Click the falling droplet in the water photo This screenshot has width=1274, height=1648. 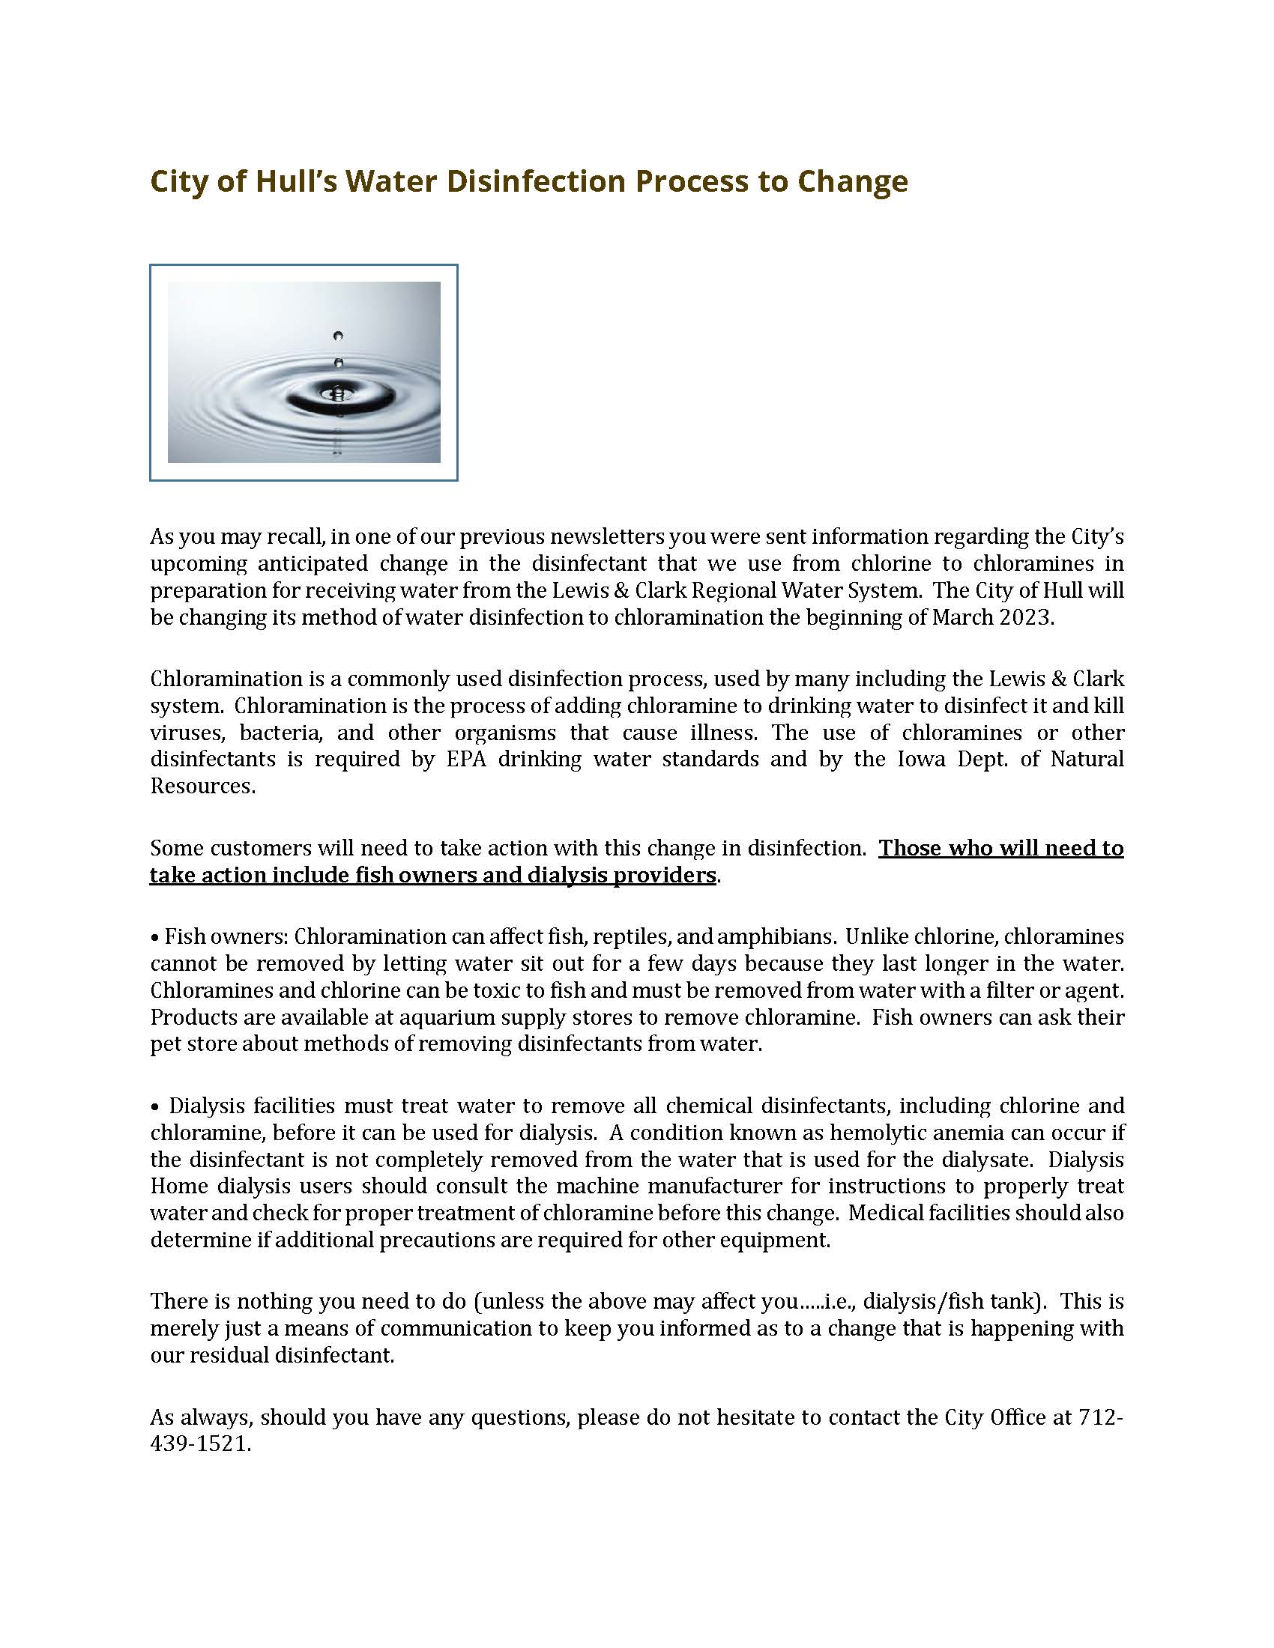(x=338, y=336)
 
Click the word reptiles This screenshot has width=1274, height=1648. (x=632, y=936)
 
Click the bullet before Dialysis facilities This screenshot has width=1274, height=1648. (x=155, y=1107)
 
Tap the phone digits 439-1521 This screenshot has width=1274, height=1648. (x=199, y=1444)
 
